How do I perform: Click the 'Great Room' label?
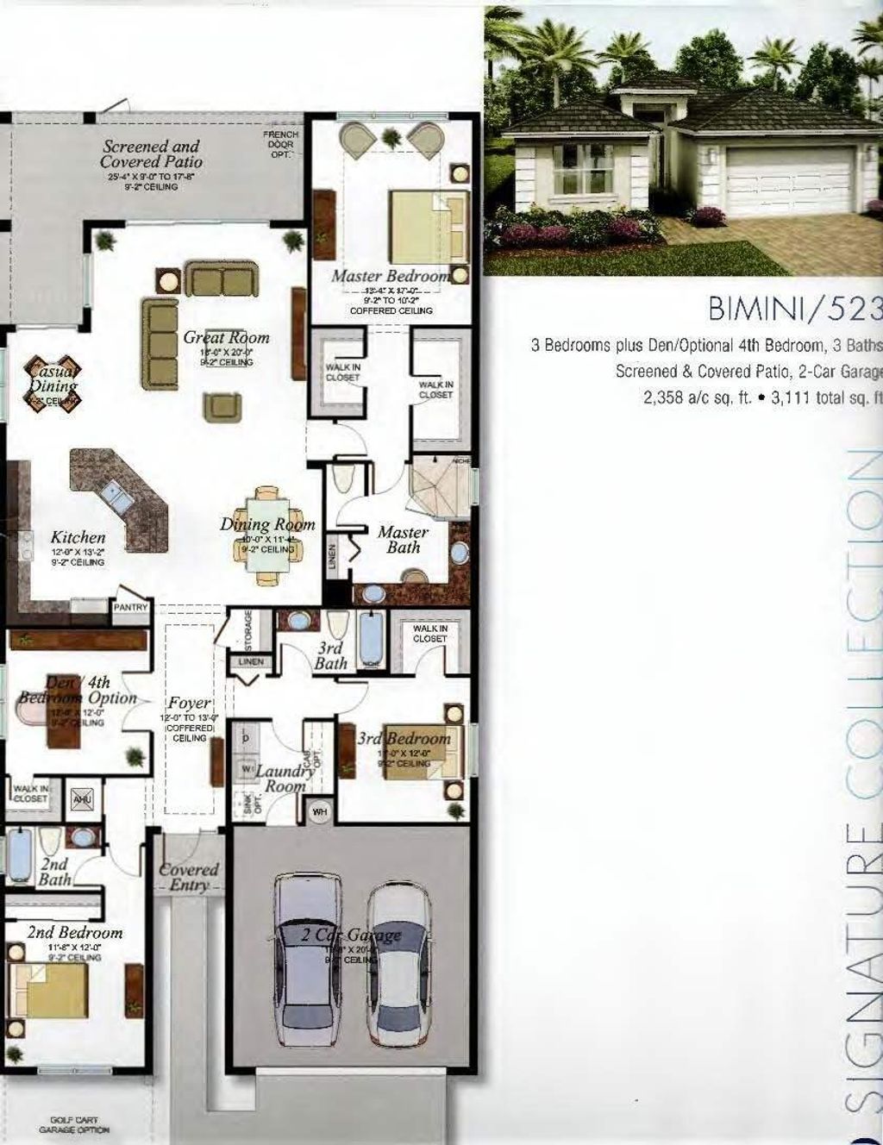(226, 338)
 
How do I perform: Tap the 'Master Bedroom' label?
(391, 276)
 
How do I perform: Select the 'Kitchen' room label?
(78, 537)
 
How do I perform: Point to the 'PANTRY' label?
(131, 607)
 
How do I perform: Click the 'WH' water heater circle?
(319, 811)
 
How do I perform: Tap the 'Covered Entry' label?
(189, 877)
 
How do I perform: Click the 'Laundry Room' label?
(284, 779)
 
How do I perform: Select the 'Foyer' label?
(189, 703)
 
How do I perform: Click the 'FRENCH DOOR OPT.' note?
(281, 145)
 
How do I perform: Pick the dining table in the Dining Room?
(266, 535)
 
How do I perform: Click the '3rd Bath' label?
(330, 655)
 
